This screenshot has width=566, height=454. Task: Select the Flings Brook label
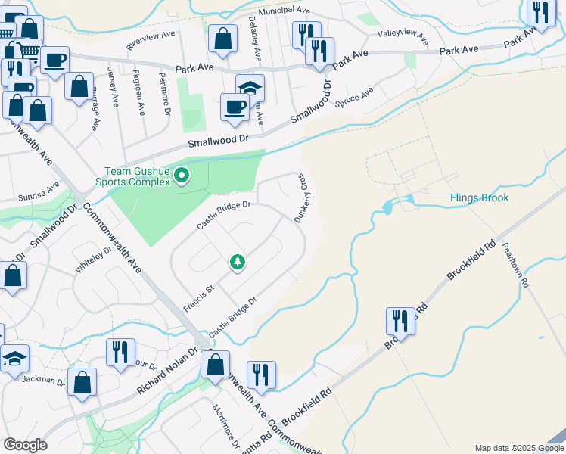coord(479,198)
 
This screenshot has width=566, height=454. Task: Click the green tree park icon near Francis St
coord(238,263)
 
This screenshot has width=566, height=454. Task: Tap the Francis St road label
coord(200,298)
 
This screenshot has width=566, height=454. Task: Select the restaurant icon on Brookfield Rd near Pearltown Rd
coord(400,322)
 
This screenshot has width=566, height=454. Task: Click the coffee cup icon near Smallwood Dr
coord(235,107)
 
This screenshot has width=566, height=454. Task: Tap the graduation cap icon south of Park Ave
coord(250,89)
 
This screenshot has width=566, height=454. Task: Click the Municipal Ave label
coord(284,11)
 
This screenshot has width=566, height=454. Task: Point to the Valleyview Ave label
coord(403,37)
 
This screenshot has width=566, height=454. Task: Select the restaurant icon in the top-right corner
coord(540,12)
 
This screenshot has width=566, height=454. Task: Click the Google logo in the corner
coord(25,445)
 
